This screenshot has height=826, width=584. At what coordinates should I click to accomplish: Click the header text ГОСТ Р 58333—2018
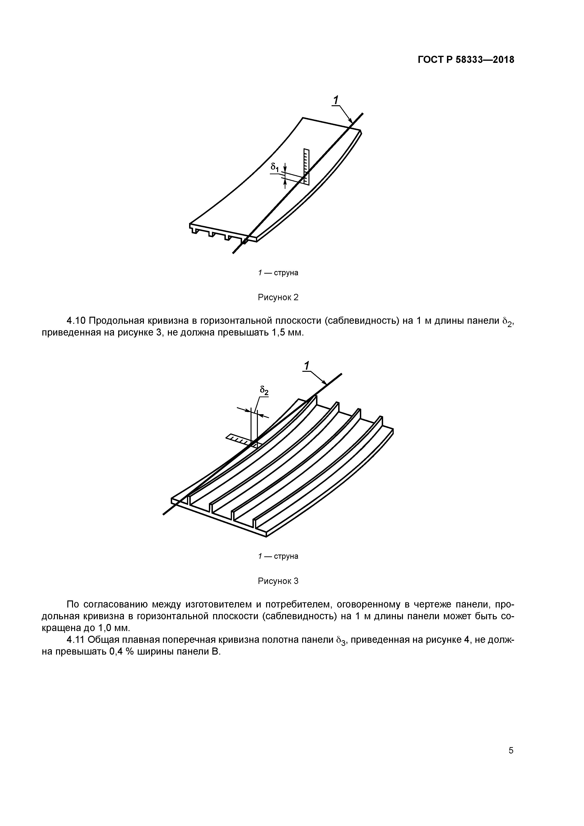point(466,60)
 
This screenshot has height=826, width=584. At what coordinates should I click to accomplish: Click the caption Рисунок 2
point(278,298)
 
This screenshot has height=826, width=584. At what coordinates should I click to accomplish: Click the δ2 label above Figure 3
point(264,391)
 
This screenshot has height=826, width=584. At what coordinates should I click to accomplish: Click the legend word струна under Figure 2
point(286,273)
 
